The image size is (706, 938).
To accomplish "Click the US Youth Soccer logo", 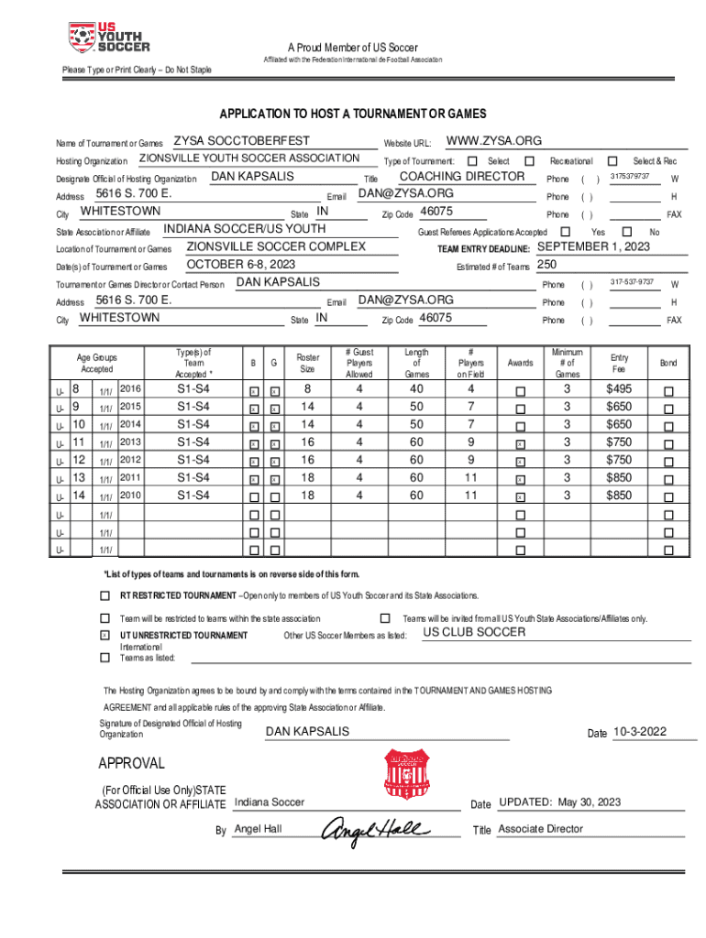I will pos(108,38).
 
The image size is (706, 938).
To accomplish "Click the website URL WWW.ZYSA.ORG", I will pos(493,141).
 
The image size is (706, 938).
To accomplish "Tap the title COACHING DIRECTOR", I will pos(462,176).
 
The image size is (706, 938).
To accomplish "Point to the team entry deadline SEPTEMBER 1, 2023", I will pos(593,247).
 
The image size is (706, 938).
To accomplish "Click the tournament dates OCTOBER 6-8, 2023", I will pos(241,265).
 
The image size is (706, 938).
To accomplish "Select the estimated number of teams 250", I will pos(548,266).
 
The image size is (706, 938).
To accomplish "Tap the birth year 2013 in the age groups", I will pos(130,442).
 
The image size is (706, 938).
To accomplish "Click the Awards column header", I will pos(520,363).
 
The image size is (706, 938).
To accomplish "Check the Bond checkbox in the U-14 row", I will pos(667,496).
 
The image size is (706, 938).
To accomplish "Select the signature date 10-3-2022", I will pos(640,732).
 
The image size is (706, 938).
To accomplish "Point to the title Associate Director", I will pos(540,829).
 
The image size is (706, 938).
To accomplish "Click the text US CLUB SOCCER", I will pos(474,632).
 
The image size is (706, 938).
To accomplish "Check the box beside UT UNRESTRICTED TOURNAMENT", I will pos(104,635).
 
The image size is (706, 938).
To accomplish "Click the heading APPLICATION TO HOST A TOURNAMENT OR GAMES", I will pos(352,115).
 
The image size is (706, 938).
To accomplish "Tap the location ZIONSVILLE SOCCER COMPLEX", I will pos(276,247).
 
